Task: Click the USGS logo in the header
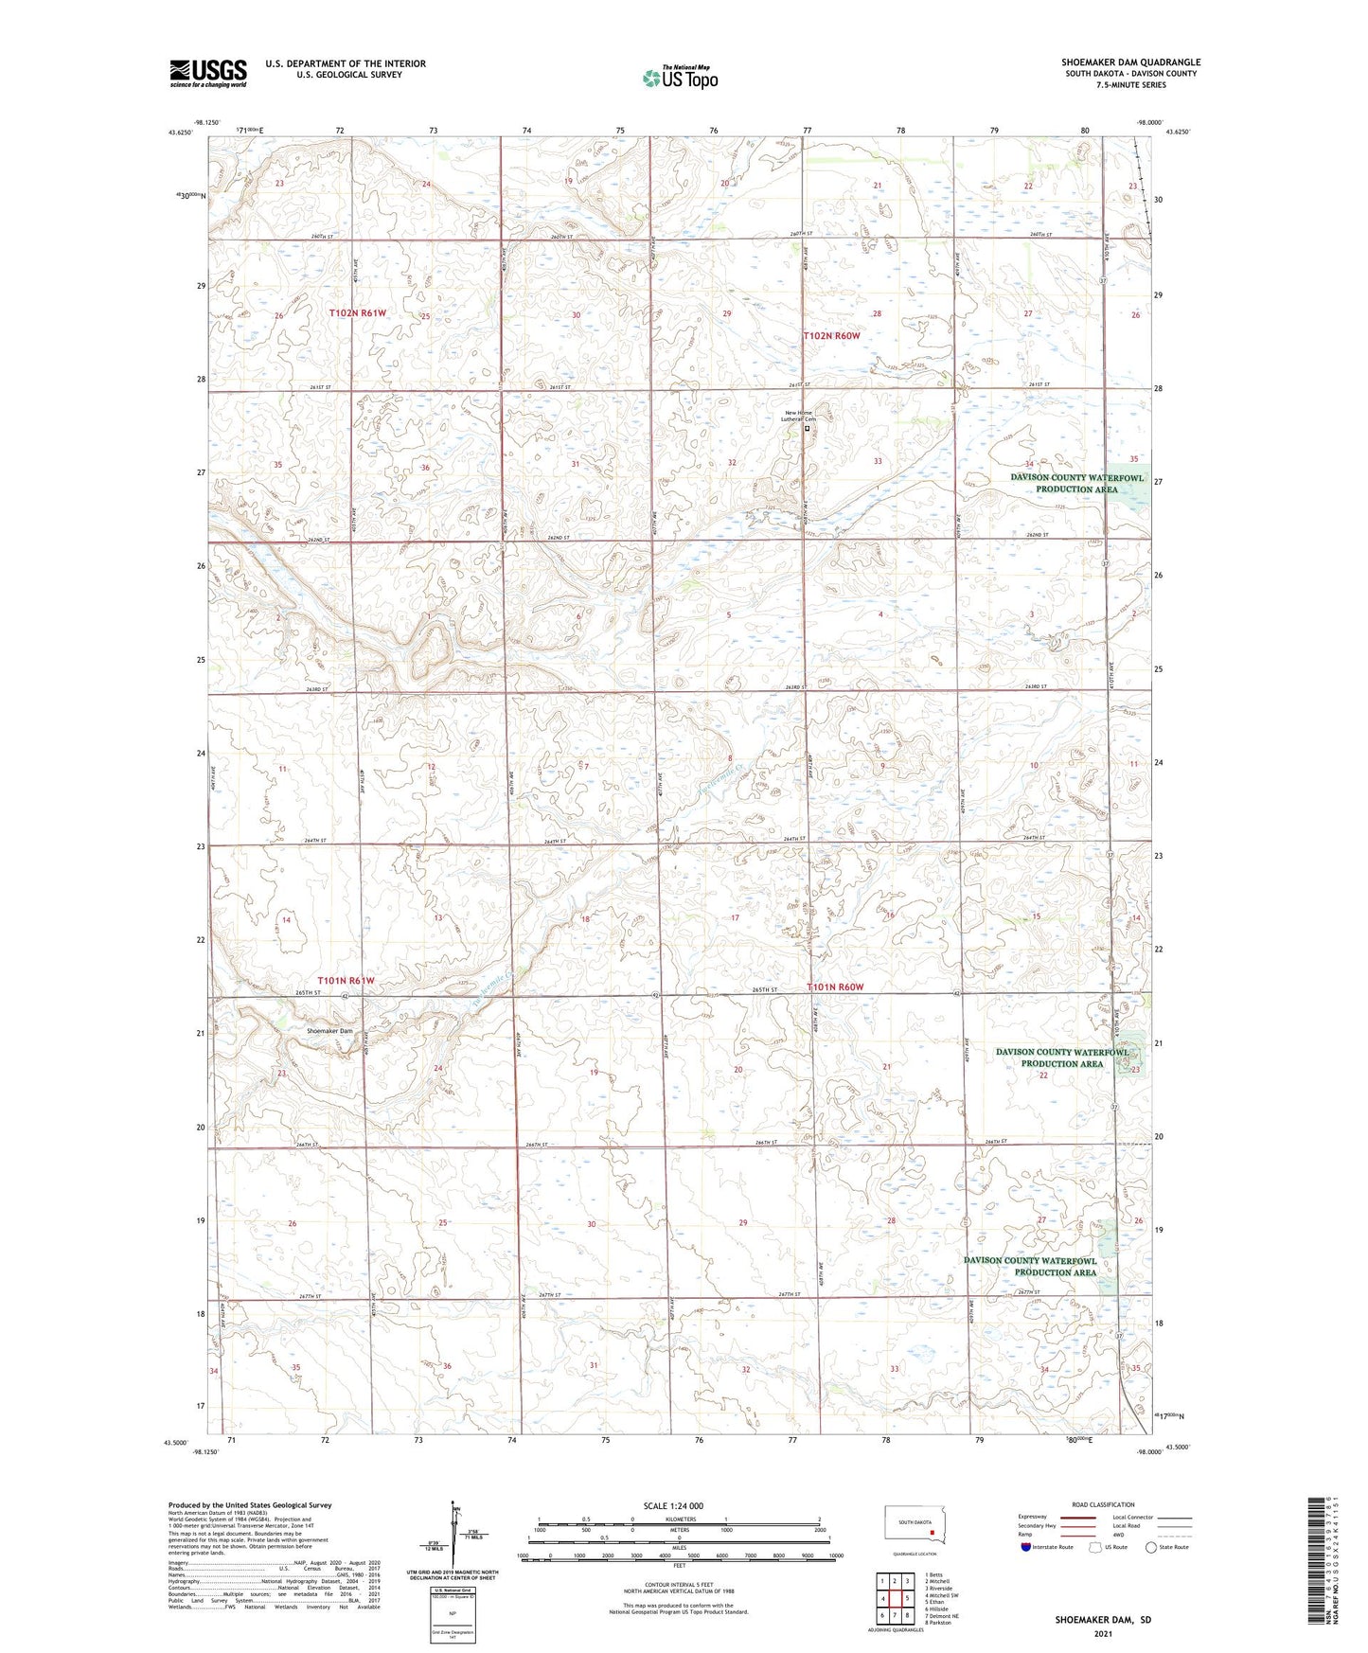208,73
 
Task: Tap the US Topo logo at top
679,78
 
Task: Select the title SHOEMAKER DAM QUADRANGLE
1130,62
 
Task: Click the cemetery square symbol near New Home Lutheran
807,428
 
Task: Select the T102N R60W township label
832,336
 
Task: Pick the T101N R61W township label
346,981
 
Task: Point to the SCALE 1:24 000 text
673,1506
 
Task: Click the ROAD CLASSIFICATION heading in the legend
1102,1504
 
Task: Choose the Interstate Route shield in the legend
1026,1547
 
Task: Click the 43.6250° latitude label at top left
177,133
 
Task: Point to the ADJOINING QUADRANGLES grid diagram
894,1599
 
